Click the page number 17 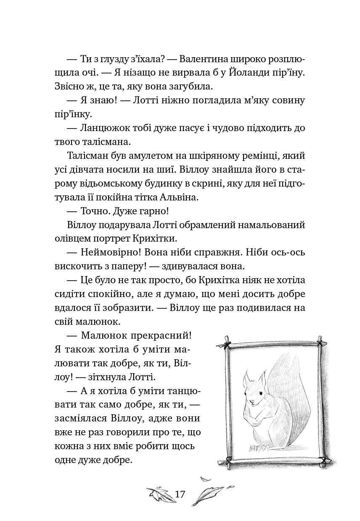[180, 494]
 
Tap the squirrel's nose [251, 403]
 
